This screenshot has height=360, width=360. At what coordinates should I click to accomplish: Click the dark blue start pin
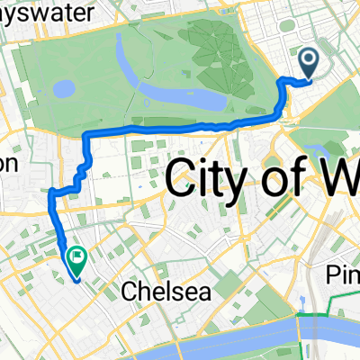pyautogui.click(x=308, y=62)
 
